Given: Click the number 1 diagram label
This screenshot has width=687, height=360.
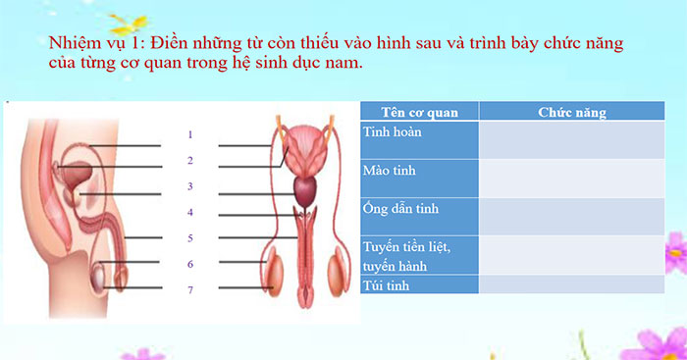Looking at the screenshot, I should point(190,134).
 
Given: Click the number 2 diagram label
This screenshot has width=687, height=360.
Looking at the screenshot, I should point(190,160).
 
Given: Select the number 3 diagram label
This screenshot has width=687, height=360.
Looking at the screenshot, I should point(190,186).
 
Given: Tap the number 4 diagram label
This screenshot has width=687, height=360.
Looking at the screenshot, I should point(190,212).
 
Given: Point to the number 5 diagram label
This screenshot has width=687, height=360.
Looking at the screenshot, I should point(190,238).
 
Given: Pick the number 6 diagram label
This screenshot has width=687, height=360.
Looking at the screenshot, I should point(190,264).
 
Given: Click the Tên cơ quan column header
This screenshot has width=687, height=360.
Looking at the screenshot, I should point(419,112).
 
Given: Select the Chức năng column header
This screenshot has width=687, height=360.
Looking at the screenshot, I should point(571,112).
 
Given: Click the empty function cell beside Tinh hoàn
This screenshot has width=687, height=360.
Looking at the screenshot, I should point(571,139).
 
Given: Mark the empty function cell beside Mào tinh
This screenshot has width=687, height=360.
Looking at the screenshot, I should point(571,178).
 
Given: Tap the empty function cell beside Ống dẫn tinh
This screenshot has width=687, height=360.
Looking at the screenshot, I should point(571,216).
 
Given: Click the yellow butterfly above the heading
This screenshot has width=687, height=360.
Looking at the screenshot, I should point(128,22).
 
